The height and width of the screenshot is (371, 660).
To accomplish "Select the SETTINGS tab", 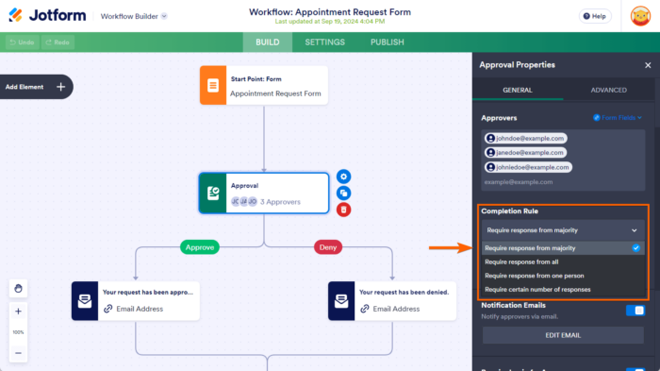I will point(324,42).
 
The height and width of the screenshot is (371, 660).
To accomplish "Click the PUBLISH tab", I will point(387,42).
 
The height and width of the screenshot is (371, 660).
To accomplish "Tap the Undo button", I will point(21,42).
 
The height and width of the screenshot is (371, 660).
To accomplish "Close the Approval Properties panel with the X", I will point(647,65).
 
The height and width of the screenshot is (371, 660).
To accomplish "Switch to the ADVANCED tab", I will point(608,90).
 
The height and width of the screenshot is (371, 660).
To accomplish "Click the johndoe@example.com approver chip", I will point(525,138).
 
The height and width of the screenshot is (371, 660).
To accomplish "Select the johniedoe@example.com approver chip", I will point(529,167).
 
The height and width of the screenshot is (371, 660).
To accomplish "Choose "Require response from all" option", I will point(522,261).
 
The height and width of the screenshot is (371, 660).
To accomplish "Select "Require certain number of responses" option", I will point(537,290).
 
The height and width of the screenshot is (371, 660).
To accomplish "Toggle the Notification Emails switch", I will point(635,310).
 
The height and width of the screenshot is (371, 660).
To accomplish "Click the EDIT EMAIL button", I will point(562,336).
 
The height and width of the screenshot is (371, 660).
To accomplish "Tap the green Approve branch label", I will point(199,247).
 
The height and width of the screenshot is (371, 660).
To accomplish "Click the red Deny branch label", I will point(326,247).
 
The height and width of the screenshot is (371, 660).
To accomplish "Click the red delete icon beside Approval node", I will point(344,209).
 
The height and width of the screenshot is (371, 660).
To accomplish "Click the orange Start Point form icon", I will point(213,85).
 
